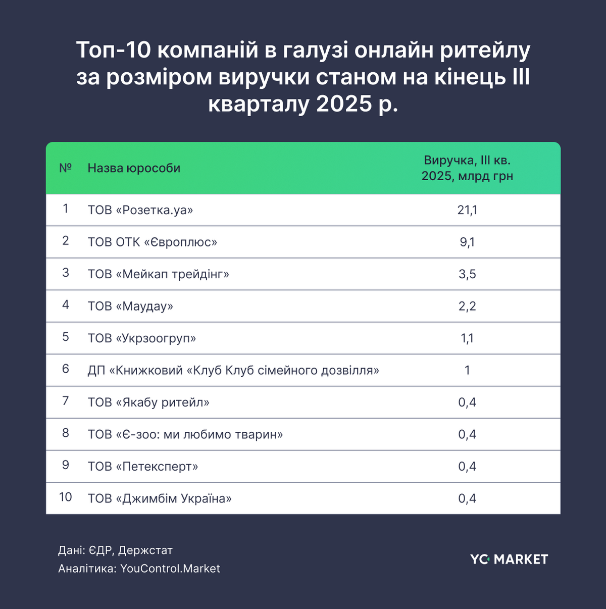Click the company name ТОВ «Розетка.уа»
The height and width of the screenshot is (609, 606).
[140, 210]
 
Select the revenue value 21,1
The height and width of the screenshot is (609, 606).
[467, 210]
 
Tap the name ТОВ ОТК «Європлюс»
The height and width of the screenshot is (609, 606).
[153, 242]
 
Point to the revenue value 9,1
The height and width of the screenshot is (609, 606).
[467, 242]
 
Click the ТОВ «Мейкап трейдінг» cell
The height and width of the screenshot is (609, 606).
[159, 274]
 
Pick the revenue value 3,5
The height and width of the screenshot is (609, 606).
[467, 274]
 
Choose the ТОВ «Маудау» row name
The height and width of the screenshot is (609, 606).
[130, 307]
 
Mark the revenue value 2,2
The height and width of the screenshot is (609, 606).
[467, 307]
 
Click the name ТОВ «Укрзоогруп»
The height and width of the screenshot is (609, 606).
[142, 338]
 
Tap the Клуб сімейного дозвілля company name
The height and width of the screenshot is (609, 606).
[233, 371]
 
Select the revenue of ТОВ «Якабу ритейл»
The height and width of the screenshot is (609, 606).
[467, 402]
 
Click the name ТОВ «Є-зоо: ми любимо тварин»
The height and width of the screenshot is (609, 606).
[185, 435]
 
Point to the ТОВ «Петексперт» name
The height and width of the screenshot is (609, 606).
[143, 467]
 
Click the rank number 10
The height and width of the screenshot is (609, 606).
[66, 497]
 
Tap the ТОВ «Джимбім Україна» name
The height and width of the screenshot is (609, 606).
[160, 499]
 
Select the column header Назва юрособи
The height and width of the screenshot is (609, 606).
[134, 168]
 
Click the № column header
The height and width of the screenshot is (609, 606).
[66, 168]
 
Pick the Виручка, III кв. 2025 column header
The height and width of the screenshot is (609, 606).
[467, 168]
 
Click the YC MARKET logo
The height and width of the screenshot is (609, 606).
[509, 560]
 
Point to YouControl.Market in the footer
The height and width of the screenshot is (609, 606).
[170, 569]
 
